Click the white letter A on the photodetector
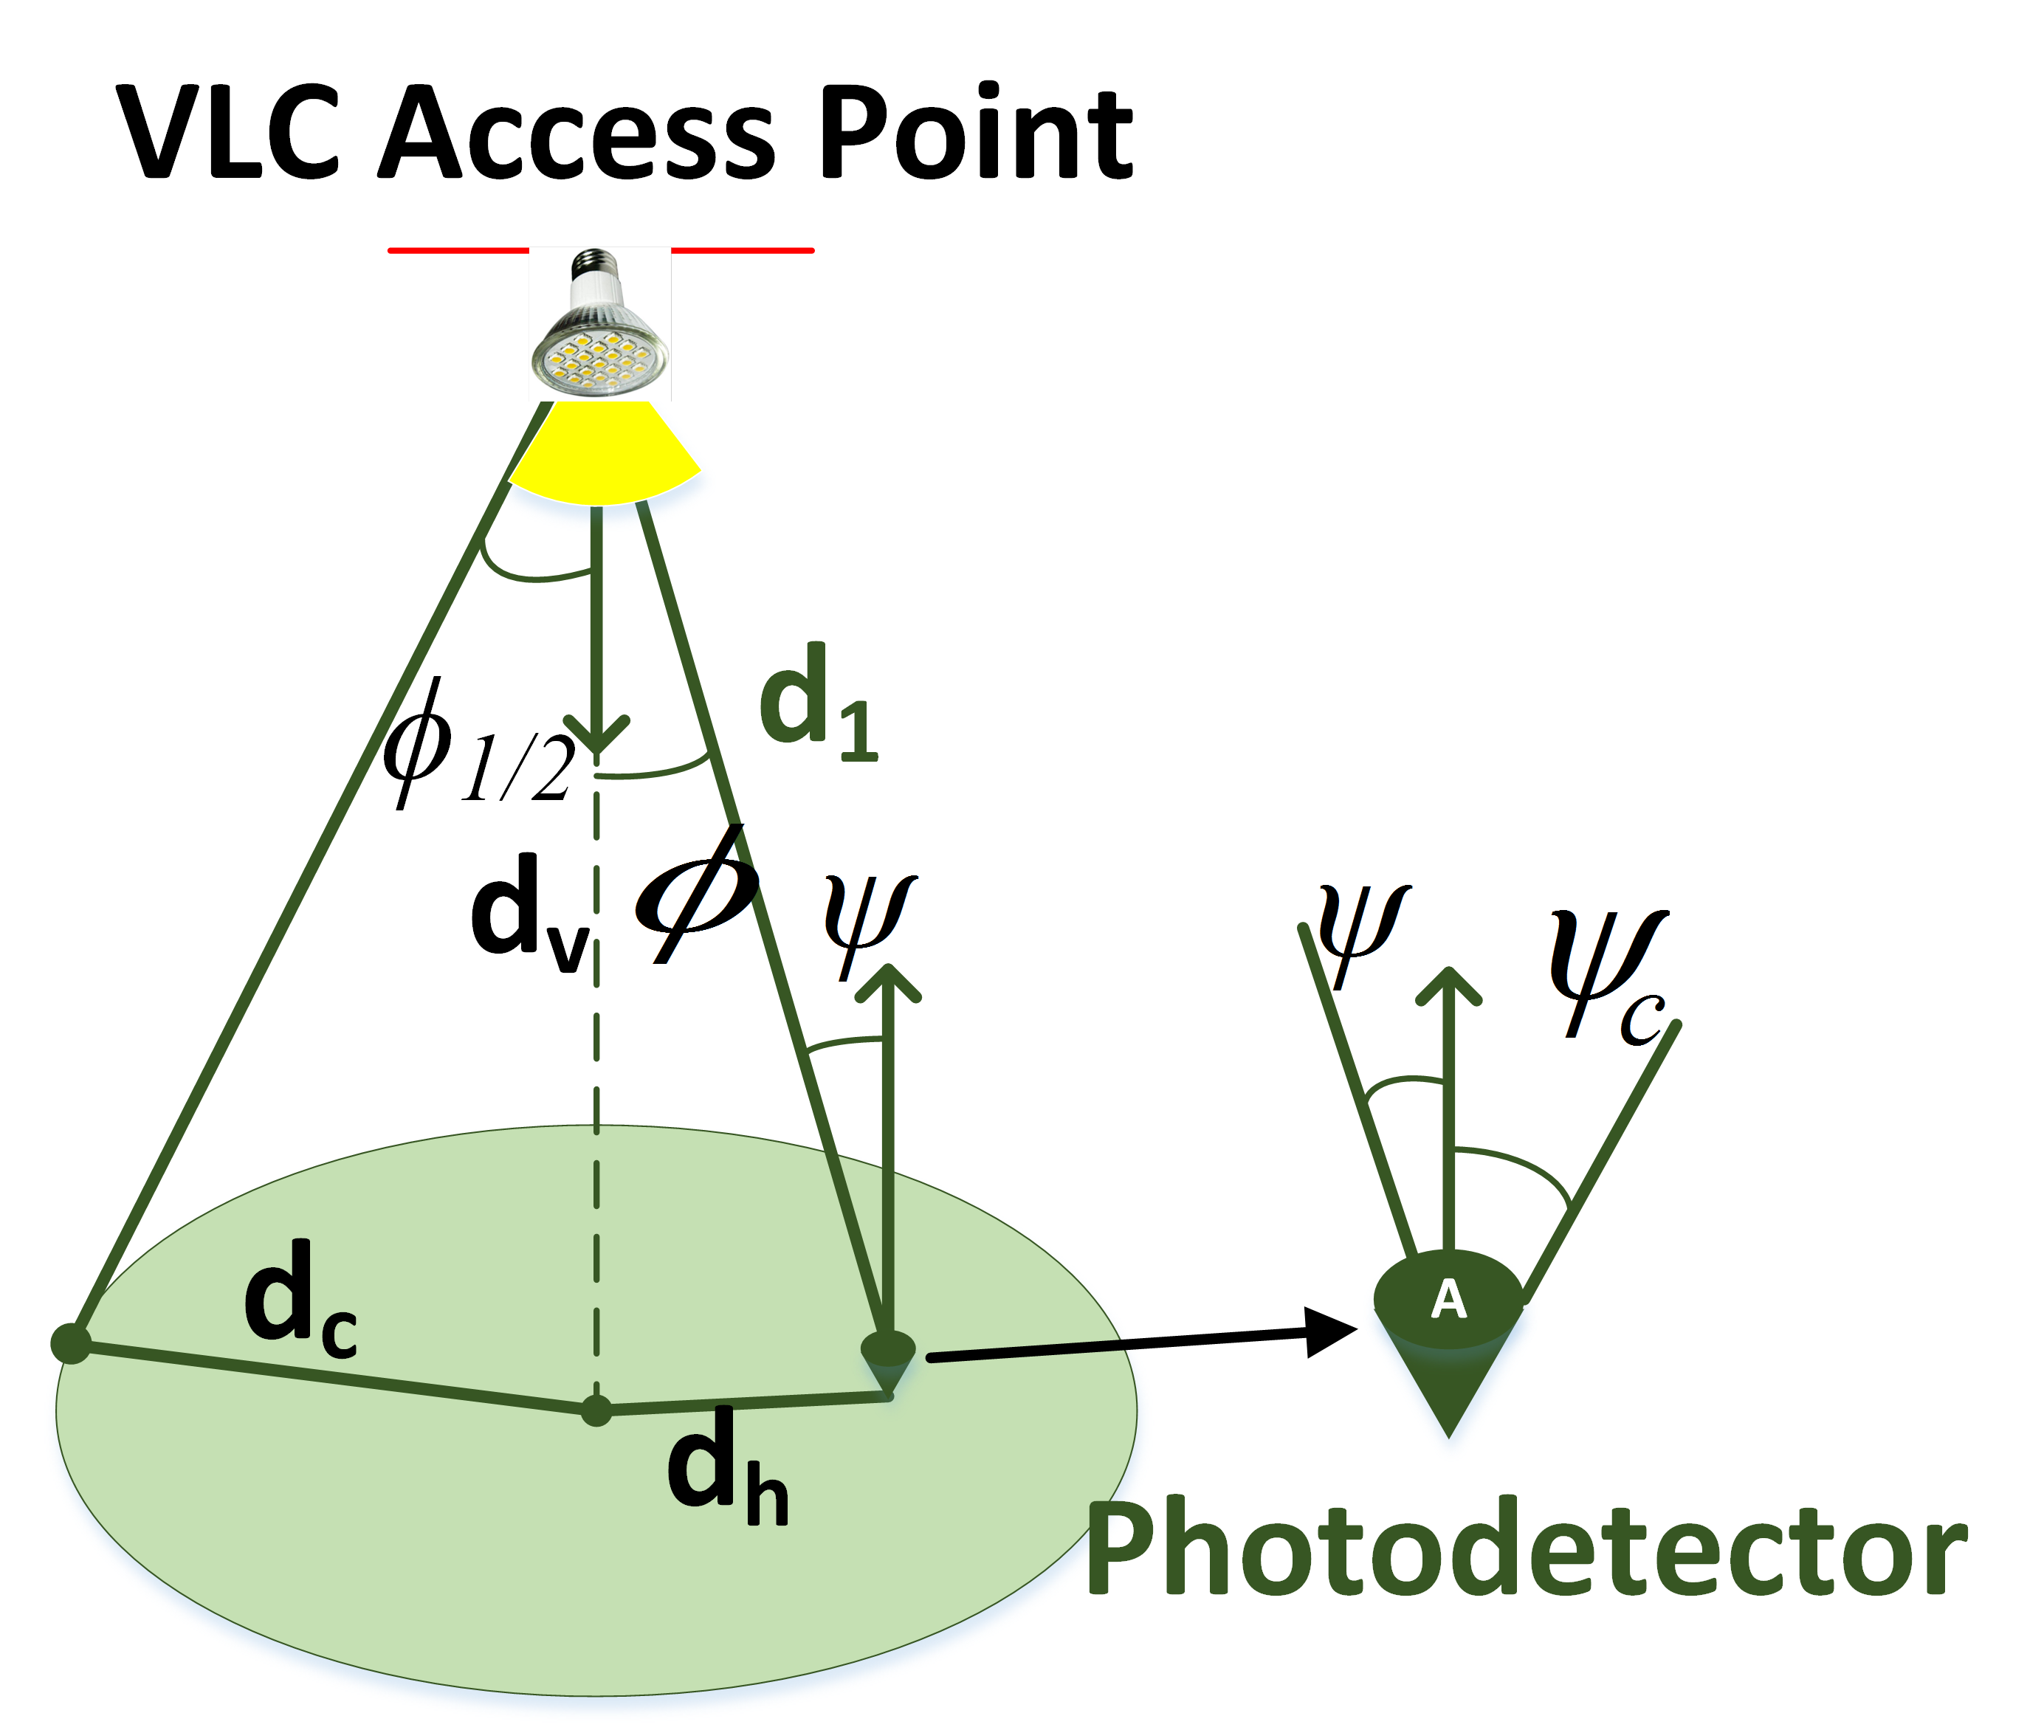click(x=1448, y=1300)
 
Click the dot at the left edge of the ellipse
click(x=71, y=1343)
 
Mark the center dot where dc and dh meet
click(x=596, y=1411)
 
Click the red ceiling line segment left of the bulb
click(x=458, y=251)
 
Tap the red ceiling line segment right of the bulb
click(x=743, y=251)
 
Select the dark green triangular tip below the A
click(x=1448, y=1393)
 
